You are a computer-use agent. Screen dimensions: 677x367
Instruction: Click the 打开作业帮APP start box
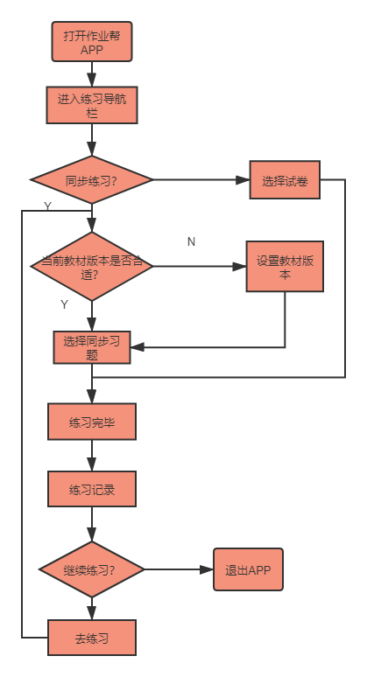coord(92,42)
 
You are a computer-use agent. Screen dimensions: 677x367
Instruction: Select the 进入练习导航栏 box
coord(92,106)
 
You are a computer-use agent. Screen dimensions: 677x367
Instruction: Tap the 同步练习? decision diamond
coord(92,181)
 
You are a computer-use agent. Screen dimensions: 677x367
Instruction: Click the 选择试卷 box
coord(284,181)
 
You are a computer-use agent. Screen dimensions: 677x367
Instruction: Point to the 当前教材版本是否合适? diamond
coord(92,267)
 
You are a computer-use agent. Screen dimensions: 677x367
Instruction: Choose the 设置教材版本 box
coord(285,267)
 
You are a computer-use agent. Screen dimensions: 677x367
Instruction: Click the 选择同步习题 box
coord(92,347)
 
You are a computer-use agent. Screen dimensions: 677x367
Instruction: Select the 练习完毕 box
coord(92,422)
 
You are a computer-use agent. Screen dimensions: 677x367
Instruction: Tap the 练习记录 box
coord(92,490)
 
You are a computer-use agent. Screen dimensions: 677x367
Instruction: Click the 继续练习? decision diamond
coord(92,569)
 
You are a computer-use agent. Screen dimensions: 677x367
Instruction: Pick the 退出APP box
coord(249,569)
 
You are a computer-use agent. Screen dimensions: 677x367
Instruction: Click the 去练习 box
coord(92,638)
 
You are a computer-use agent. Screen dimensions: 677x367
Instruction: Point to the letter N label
coord(191,241)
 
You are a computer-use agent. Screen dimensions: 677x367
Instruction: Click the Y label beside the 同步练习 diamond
coord(47,206)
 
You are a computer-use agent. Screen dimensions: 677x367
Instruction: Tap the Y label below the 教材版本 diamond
coord(64,304)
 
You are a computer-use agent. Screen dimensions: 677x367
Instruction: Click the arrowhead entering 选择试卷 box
coord(243,181)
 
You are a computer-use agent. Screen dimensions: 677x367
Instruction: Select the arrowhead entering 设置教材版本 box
coord(240,267)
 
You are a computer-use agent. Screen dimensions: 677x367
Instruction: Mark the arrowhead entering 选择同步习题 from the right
coord(138,347)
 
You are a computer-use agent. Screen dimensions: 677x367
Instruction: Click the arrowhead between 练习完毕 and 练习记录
coord(92,464)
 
